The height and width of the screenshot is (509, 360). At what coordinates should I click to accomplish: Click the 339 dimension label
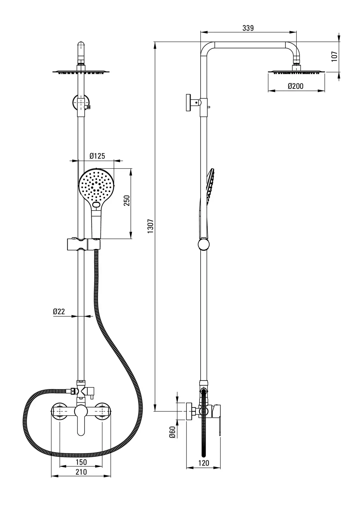[248, 28]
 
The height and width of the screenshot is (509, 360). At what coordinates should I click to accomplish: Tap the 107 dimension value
[334, 57]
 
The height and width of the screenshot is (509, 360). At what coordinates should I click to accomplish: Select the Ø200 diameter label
[295, 86]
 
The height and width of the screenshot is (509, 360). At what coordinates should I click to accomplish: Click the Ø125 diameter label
[97, 156]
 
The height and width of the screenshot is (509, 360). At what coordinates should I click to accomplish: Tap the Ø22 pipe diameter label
[59, 311]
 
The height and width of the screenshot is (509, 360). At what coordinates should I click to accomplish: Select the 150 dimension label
[81, 462]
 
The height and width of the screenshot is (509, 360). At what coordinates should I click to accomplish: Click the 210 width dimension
[81, 472]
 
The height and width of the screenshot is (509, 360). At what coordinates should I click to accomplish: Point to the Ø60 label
[172, 433]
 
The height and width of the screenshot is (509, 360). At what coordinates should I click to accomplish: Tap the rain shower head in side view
[296, 73]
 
